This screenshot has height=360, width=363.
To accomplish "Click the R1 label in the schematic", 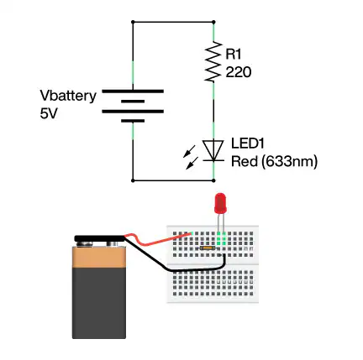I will [235, 54].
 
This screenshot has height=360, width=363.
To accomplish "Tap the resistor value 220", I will [239, 72].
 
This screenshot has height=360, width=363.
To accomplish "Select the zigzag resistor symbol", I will [214, 63].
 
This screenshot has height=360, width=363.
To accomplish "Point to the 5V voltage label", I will [49, 112].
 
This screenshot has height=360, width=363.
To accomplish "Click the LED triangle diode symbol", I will [214, 149].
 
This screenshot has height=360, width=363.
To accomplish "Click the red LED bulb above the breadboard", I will [221, 203].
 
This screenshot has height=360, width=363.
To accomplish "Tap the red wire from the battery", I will [160, 241].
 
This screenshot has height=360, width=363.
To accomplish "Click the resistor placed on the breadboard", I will [207, 249].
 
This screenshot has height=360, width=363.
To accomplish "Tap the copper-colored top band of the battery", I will [99, 264].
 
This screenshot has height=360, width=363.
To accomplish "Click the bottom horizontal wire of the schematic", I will [173, 180].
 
